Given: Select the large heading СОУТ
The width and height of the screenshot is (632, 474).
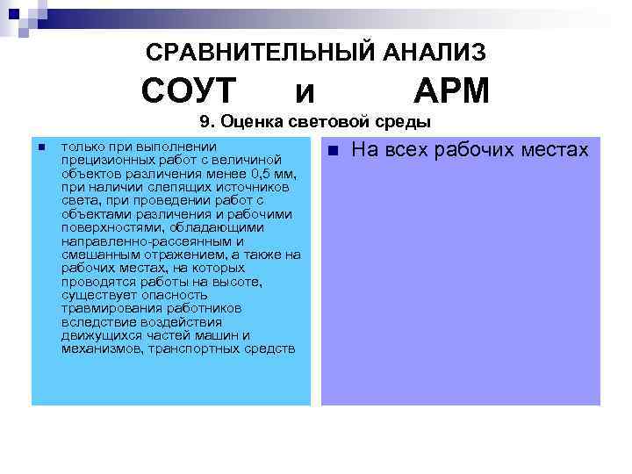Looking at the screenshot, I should coord(189,90).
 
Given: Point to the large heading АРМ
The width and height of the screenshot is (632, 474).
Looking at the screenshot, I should coord(451,90).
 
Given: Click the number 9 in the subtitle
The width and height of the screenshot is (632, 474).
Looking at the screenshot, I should coord(205,122).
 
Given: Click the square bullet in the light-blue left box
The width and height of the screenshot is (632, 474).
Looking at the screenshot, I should coord(41,147).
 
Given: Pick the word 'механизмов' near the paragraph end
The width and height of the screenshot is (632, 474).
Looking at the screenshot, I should coord(101,348).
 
